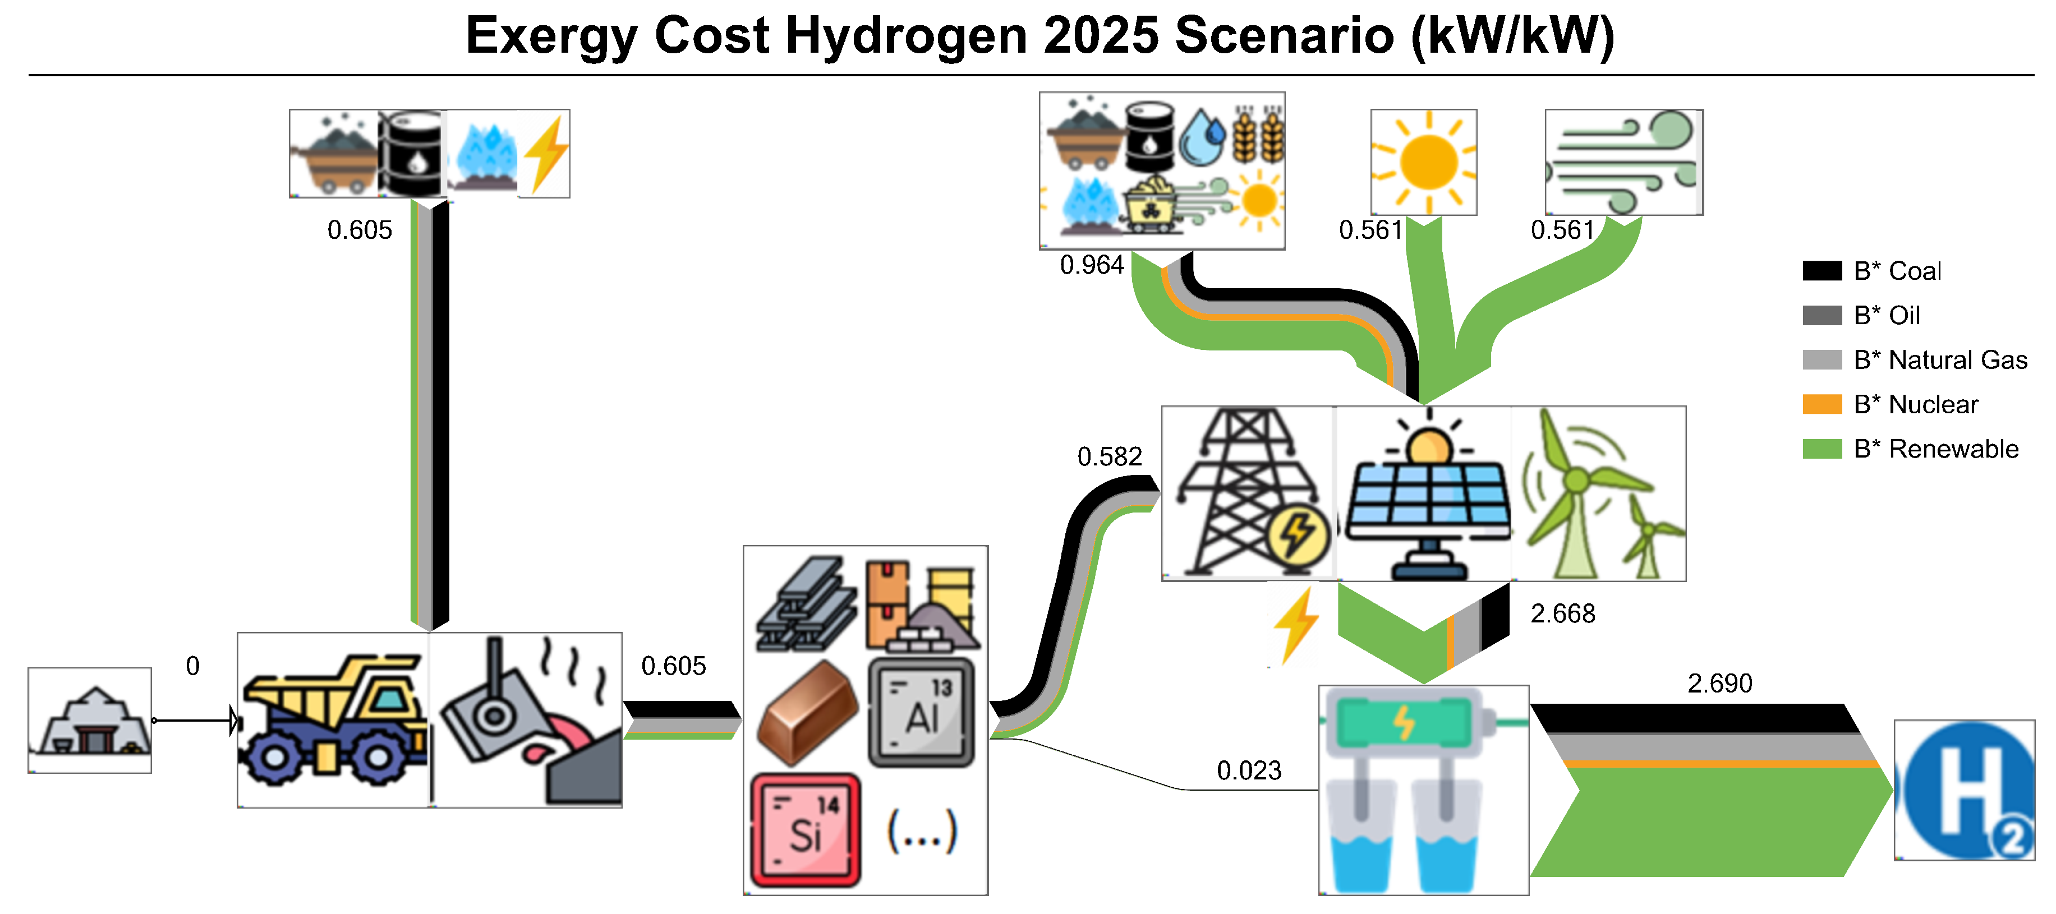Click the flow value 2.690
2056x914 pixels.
[x=1719, y=683]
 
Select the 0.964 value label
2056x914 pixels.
[x=1091, y=265]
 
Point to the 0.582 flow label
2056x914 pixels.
[x=1110, y=456]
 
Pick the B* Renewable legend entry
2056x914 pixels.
[x=1935, y=449]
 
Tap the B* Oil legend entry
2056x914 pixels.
[x=1886, y=315]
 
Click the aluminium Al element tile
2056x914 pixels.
[x=922, y=712]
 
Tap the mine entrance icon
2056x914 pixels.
[x=89, y=720]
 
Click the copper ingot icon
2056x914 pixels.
[x=806, y=712]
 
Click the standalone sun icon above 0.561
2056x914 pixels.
[x=1423, y=162]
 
